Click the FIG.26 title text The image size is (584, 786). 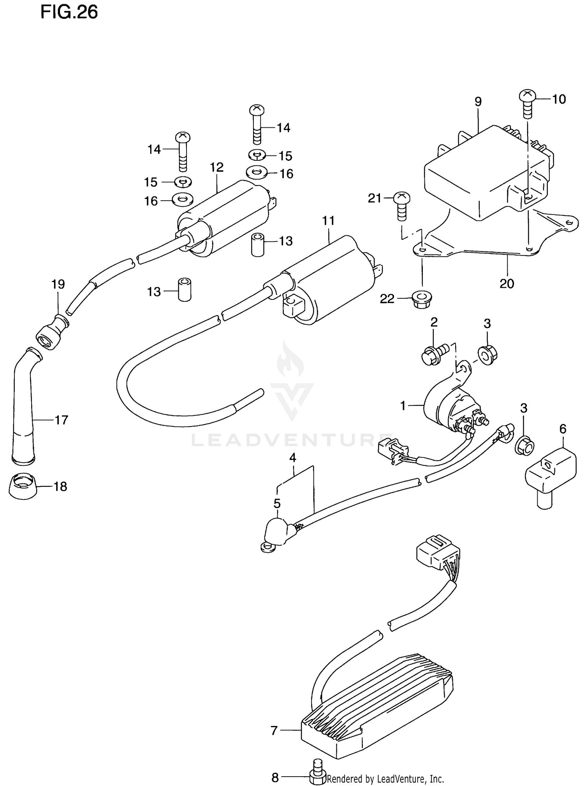coord(69,12)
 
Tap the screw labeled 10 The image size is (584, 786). coord(528,103)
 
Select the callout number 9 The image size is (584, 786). coord(478,102)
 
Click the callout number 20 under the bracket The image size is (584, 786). coord(507,284)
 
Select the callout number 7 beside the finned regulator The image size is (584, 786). coord(274,731)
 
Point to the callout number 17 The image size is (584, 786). coord(62,420)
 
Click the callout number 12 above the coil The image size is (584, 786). coord(216,167)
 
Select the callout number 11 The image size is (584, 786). coord(328,221)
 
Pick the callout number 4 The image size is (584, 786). coord(293,458)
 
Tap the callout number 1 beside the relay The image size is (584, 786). coord(403,406)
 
